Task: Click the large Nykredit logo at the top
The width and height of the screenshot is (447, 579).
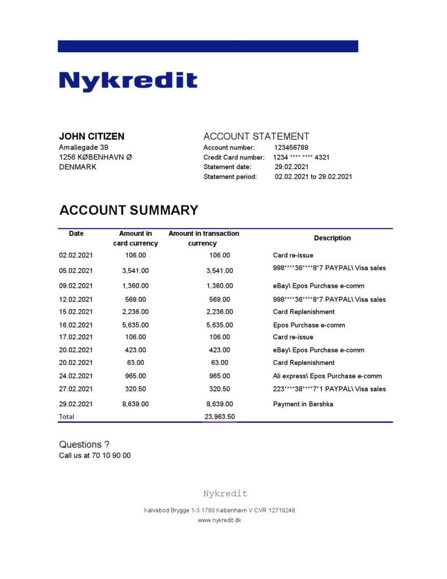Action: [128, 81]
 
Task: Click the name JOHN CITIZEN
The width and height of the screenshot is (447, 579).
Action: [92, 136]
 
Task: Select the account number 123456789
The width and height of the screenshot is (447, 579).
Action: [291, 148]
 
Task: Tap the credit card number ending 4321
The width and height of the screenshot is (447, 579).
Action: [305, 157]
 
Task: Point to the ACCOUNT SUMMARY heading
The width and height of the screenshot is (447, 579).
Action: [129, 210]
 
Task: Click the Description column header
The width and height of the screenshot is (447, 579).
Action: [332, 238]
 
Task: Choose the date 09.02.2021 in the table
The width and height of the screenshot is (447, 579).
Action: [75, 286]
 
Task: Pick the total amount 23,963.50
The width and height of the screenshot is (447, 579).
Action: [220, 417]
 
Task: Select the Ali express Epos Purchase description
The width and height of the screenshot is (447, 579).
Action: [327, 376]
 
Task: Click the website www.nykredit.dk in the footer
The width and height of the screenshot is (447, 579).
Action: [219, 520]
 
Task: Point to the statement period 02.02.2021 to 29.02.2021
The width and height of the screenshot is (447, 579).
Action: [313, 176]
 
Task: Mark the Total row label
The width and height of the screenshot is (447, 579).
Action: [67, 417]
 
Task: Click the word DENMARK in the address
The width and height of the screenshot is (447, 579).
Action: [77, 167]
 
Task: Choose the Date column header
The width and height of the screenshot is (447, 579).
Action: [76, 234]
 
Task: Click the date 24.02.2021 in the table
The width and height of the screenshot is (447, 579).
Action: [75, 376]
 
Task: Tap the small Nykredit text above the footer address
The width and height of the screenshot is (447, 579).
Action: [225, 494]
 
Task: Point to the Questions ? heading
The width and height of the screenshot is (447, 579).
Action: [84, 444]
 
